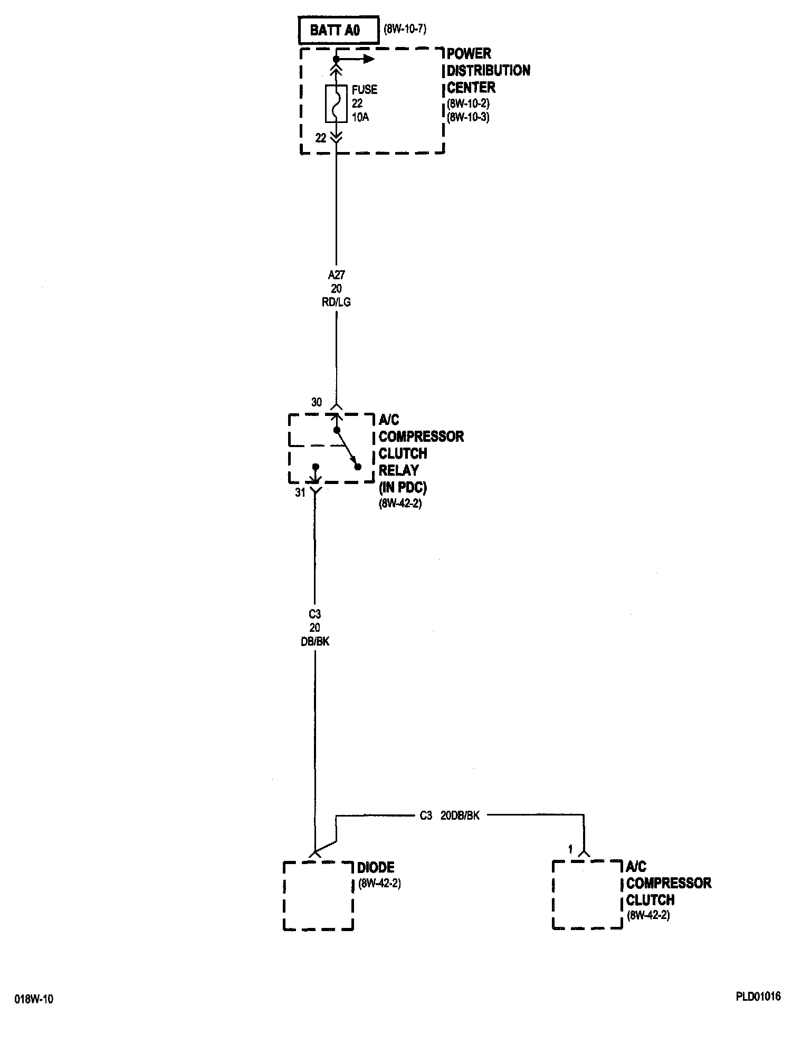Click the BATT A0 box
pyautogui.click(x=338, y=31)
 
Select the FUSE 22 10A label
pyautogui.click(x=364, y=103)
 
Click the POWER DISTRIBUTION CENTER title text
pyautogui.click(x=488, y=70)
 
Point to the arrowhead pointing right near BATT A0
pyautogui.click(x=369, y=59)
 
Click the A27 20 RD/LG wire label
pyautogui.click(x=336, y=289)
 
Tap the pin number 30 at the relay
pyautogui.click(x=316, y=402)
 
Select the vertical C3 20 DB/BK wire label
pyautogui.click(x=315, y=628)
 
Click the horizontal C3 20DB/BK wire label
pyautogui.click(x=450, y=816)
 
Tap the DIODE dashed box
pyautogui.click(x=318, y=895)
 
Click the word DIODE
pyautogui.click(x=376, y=867)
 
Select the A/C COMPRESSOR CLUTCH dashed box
pyautogui.click(x=587, y=894)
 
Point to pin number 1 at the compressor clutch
pyautogui.click(x=570, y=850)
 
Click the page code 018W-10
pyautogui.click(x=34, y=999)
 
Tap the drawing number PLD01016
pyautogui.click(x=758, y=997)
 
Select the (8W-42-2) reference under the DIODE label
pyautogui.click(x=379, y=884)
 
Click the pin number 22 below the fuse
pyautogui.click(x=321, y=138)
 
